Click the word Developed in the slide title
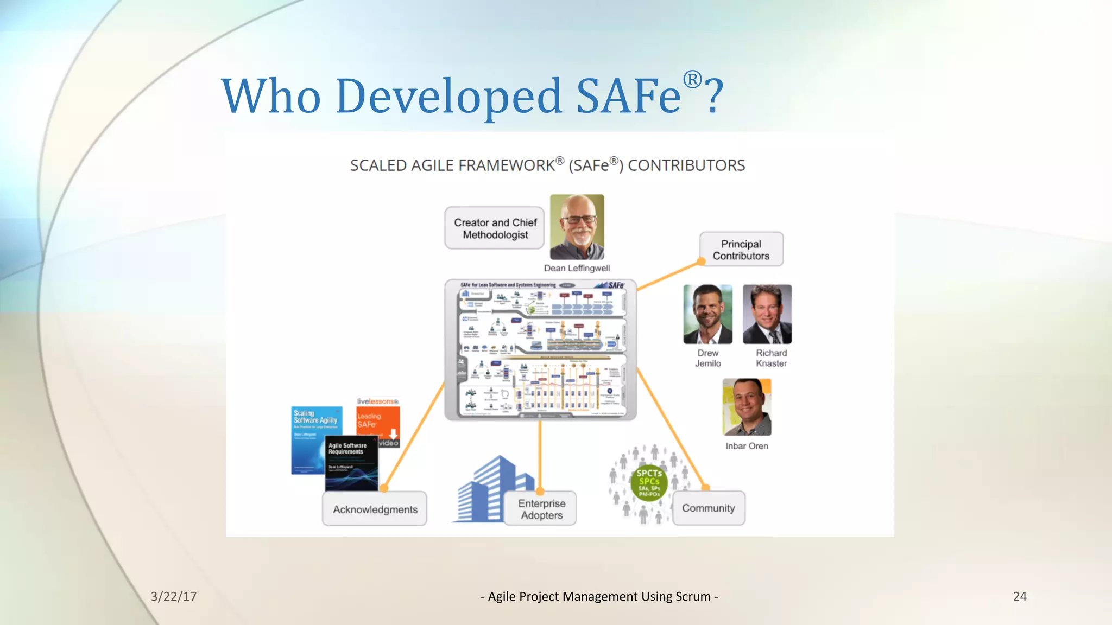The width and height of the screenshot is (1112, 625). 448,97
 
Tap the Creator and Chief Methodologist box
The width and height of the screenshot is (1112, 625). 495,228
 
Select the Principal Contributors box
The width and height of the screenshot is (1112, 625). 741,250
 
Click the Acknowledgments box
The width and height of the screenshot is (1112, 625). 375,509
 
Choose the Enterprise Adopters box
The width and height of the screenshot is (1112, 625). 541,509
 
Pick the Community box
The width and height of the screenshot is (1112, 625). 708,508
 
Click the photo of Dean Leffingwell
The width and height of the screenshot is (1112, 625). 577,227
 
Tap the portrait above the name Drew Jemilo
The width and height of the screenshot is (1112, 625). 707,314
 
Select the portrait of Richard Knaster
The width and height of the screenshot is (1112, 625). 767,314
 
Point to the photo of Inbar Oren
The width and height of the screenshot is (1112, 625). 747,407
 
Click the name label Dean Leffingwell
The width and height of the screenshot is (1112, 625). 577,268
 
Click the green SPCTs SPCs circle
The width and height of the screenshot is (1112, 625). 649,482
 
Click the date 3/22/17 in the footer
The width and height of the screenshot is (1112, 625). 174,596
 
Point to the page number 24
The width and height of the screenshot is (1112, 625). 1020,596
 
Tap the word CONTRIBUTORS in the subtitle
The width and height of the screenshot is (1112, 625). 686,165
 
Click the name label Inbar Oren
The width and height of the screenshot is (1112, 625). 747,446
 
